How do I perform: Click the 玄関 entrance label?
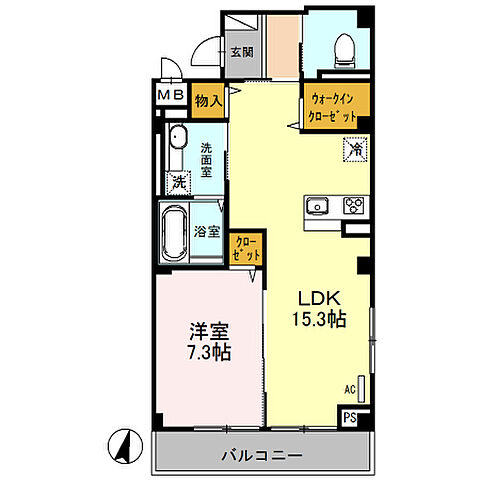tap(241, 52)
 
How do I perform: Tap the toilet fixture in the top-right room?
tap(343, 49)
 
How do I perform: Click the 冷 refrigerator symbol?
tap(355, 150)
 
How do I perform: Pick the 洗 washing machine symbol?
tap(178, 182)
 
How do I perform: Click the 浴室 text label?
tap(207, 232)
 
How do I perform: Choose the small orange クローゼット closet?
tap(247, 247)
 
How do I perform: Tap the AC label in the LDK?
tap(348, 388)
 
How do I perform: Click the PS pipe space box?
tap(351, 418)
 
